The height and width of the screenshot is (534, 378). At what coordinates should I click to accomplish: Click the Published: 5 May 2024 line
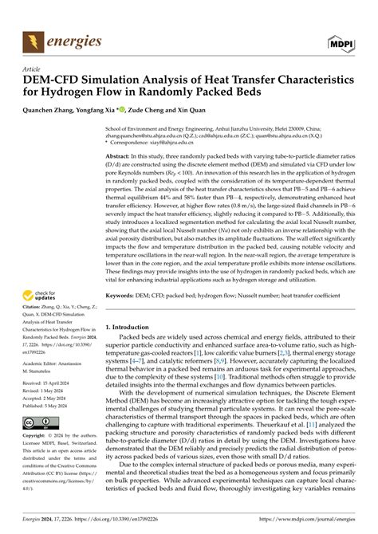(49, 403)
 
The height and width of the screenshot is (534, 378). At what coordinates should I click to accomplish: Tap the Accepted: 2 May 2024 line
(48, 396)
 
